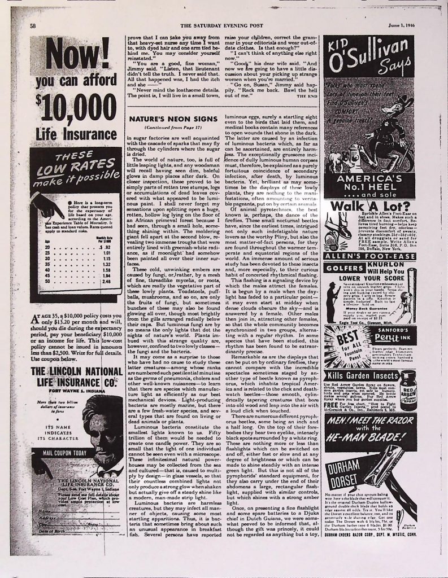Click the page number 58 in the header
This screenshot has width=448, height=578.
[x=33, y=26]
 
